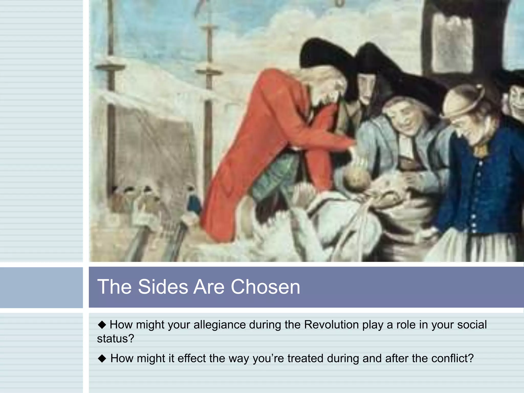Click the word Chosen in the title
click(x=265, y=287)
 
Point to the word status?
click(x=116, y=339)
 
